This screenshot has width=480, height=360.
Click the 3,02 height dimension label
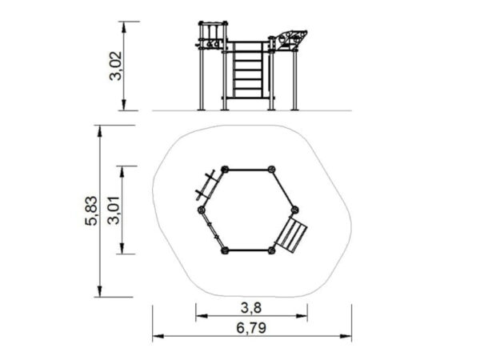tap(115, 66)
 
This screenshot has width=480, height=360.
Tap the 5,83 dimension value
tap(91, 211)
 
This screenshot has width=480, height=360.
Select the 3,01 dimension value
tap(114, 210)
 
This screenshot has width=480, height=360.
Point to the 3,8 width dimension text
tap(251, 308)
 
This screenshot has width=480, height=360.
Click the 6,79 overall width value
tap(251, 328)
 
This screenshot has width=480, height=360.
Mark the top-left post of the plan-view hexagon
tap(225, 170)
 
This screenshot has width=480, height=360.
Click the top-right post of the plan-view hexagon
tap(271, 170)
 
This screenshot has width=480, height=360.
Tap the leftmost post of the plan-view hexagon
tap(201, 210)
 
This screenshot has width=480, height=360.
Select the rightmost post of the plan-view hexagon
tap(294, 210)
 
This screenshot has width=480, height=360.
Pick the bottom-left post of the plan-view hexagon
tap(225, 250)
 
